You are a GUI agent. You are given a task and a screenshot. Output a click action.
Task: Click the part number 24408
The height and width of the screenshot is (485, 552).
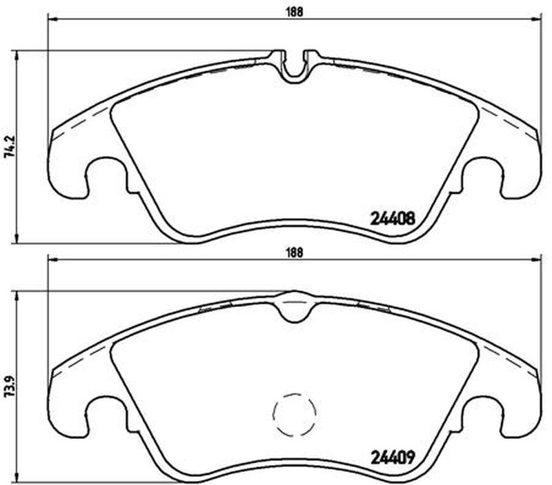393,219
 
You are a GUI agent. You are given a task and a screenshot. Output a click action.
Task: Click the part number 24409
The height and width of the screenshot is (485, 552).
393,458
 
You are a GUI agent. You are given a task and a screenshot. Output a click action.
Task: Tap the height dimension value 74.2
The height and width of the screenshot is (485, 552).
12,146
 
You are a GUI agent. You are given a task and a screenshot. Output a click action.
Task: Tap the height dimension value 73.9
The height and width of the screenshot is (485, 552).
12,386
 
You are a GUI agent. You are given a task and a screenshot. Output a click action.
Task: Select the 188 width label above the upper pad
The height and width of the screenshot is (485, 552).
294,12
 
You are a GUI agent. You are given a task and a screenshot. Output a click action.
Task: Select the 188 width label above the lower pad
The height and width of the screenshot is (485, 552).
294,253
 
